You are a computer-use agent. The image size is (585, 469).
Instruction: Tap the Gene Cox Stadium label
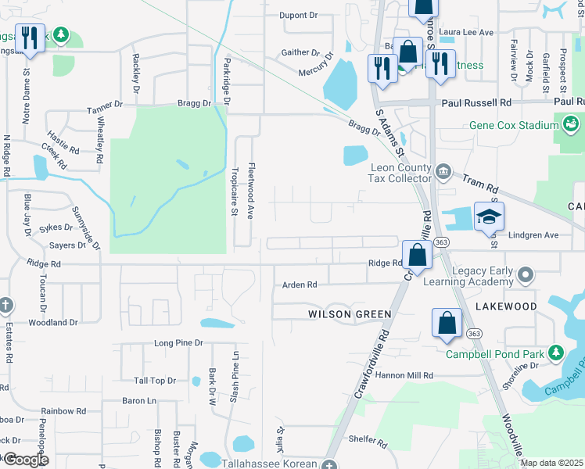(x=513, y=125)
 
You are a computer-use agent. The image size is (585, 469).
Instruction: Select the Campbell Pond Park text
(x=495, y=353)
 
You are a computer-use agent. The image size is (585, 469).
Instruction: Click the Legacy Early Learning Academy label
(x=469, y=276)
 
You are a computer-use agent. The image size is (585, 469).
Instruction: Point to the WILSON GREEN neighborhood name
(x=350, y=314)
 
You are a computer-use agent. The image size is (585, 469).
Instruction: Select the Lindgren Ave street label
(x=534, y=234)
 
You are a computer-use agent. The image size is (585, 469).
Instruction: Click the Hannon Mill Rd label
(x=406, y=375)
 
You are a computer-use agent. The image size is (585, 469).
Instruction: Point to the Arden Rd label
(x=300, y=285)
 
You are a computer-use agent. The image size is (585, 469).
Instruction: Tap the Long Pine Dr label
(x=178, y=343)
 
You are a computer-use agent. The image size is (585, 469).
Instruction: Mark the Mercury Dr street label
(x=316, y=72)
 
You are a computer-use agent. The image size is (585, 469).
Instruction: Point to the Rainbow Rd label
(x=63, y=410)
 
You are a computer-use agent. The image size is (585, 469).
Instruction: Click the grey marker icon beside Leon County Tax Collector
(x=443, y=170)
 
